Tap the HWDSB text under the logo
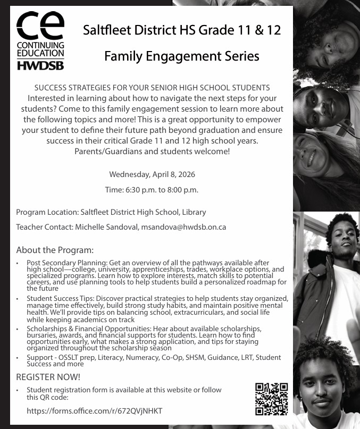pyautogui.click(x=40, y=65)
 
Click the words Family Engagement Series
pyautogui.click(x=181, y=55)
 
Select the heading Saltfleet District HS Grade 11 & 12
pyautogui.click(x=181, y=30)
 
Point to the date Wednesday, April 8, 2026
pyautogui.click(x=152, y=174)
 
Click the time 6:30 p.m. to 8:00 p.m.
pyautogui.click(x=152, y=190)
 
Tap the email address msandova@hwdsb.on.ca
pyautogui.click(x=183, y=227)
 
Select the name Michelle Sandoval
pyautogui.click(x=106, y=227)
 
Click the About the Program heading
pyautogui.click(x=55, y=250)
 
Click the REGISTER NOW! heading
pyautogui.click(x=48, y=377)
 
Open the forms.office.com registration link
pyautogui.click(x=94, y=411)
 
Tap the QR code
pyautogui.click(x=271, y=399)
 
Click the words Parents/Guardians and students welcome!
pyautogui.click(x=152, y=151)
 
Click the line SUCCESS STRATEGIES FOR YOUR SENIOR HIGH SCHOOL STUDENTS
pyautogui.click(x=152, y=88)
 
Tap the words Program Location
pyautogui.click(x=46, y=212)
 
